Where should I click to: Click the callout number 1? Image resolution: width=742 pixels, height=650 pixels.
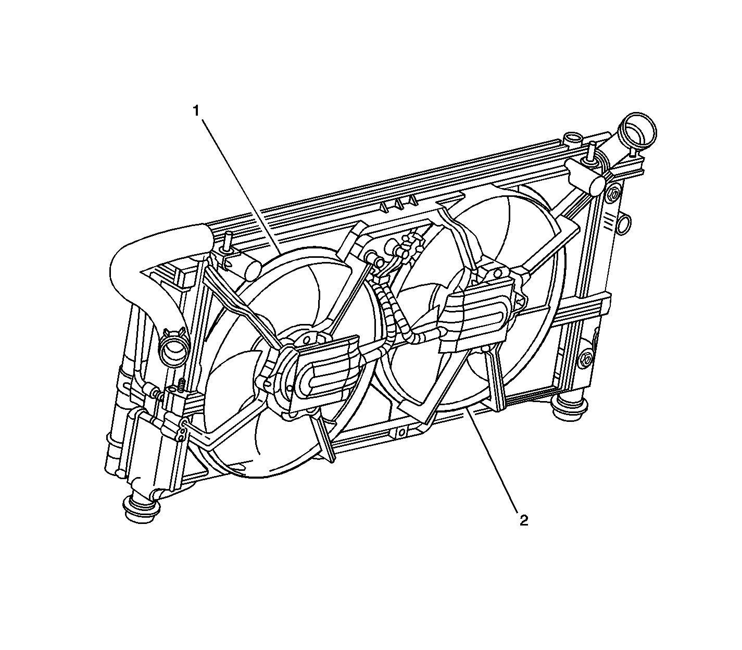[x=196, y=110]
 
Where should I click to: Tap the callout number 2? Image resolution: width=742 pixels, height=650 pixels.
[x=523, y=520]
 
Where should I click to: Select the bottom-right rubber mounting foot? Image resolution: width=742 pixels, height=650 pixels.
[x=570, y=408]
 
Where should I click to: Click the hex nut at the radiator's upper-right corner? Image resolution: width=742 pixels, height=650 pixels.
[x=613, y=195]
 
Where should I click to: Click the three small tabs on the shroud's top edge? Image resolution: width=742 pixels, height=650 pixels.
[x=397, y=204]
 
